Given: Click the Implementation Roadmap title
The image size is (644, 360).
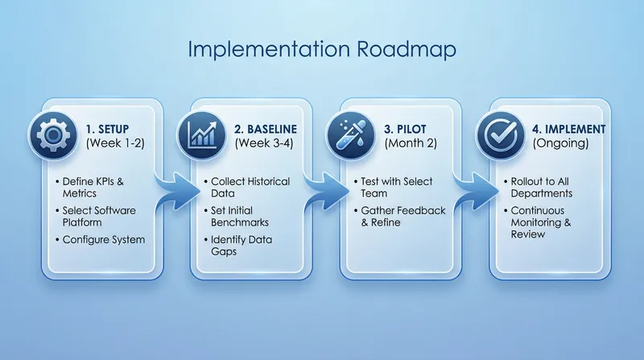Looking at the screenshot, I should [x=322, y=49].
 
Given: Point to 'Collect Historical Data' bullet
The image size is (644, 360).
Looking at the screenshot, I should [x=250, y=188].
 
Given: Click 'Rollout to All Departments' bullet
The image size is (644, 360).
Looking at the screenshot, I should [x=551, y=188].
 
